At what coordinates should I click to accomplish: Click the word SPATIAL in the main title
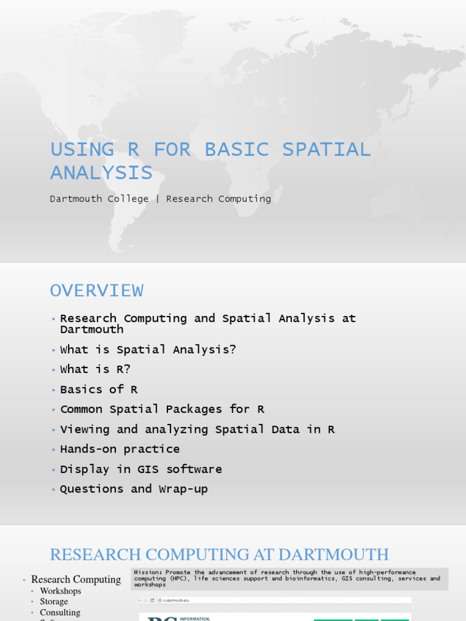(x=327, y=149)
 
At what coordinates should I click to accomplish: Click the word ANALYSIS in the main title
(x=101, y=173)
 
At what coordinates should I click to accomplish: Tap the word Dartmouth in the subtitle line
(x=75, y=199)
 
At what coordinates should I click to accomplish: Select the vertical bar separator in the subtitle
(x=157, y=199)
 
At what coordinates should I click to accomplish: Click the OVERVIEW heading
(x=97, y=291)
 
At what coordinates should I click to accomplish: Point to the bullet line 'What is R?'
(x=95, y=369)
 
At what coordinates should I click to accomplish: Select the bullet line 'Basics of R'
(x=99, y=389)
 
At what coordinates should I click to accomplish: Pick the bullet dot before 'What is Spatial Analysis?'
(x=53, y=351)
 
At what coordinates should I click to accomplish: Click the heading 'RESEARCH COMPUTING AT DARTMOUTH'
(x=219, y=554)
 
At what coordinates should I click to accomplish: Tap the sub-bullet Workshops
(x=61, y=591)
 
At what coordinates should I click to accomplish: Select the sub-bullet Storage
(x=54, y=602)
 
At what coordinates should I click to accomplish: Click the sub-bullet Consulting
(x=60, y=613)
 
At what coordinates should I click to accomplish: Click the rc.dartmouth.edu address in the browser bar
(x=176, y=600)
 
